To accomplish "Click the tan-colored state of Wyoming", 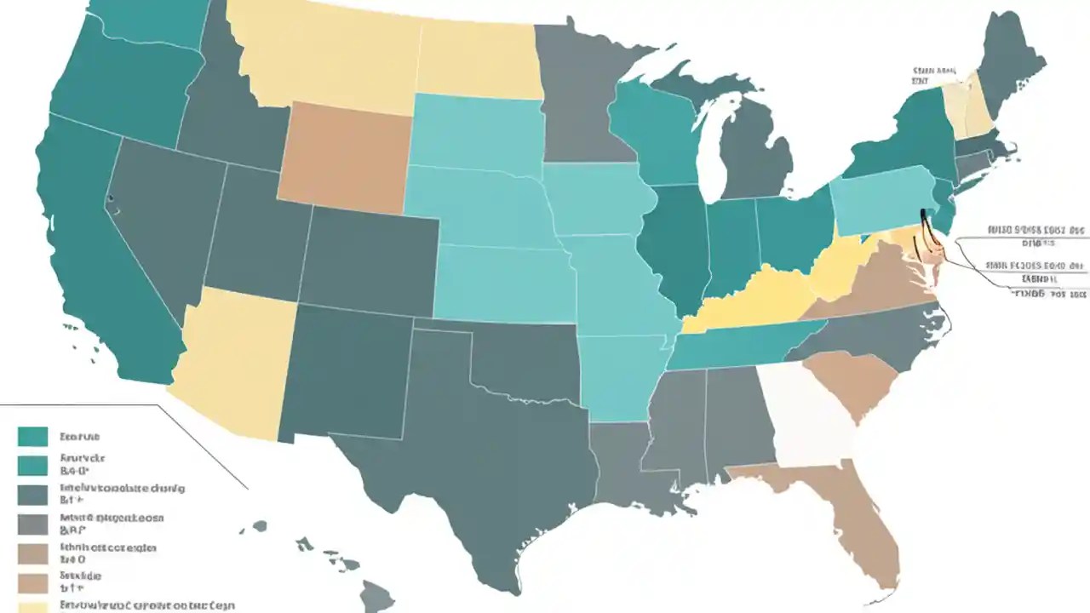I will [344, 153].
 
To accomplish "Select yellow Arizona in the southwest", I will [238, 358].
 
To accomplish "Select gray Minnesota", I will [579, 94].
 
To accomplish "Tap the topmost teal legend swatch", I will [32, 437].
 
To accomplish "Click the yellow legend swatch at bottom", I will [32, 607].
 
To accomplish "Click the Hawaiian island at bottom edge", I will [375, 596].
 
